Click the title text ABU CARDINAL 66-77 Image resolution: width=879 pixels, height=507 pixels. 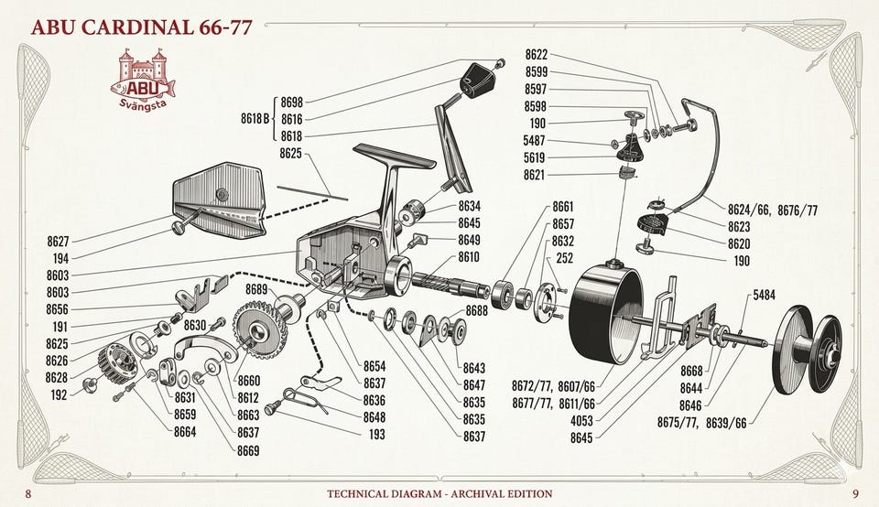coord(142,27)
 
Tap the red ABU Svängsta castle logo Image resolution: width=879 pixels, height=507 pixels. coord(144,80)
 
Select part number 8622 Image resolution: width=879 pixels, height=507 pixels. coord(537,54)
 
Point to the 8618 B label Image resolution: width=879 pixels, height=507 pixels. coord(255,118)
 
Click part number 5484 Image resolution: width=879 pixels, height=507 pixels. coord(764,295)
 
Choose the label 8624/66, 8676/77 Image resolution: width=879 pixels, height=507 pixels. coord(773,210)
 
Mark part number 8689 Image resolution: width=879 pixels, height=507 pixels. coord(256,289)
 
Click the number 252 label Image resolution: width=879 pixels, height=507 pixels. coord(565,258)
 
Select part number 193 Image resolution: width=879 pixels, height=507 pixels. coord(376,434)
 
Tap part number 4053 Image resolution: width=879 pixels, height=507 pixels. coord(581,420)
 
